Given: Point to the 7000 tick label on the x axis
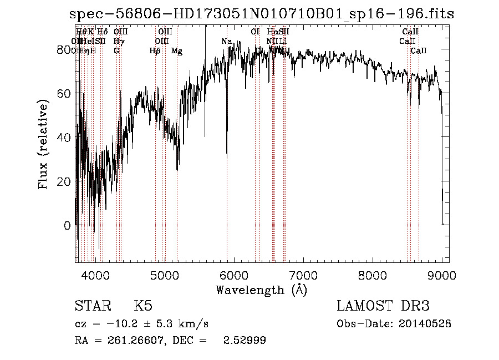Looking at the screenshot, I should [303, 275].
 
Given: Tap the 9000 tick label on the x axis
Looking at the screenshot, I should [442, 275].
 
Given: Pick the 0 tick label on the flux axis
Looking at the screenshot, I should [67, 225].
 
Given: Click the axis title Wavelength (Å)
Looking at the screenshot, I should [261, 290].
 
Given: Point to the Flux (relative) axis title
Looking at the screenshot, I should [43, 144].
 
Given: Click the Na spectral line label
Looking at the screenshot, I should [226, 42].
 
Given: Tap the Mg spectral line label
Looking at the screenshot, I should [177, 51].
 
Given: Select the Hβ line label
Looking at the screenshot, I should [155, 51].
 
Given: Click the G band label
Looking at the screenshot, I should [116, 51].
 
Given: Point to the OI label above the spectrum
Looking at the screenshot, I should [255, 32].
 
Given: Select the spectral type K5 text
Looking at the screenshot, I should [143, 307].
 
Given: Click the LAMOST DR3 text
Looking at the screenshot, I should [383, 307].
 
